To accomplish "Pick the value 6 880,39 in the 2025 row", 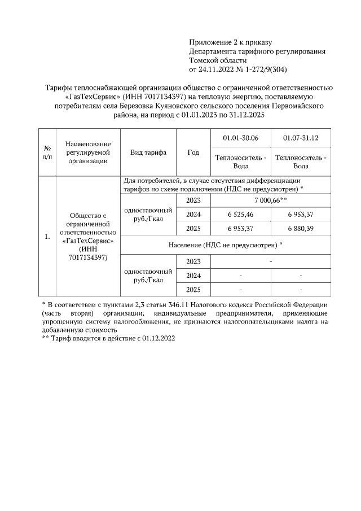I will pyautogui.click(x=301, y=229).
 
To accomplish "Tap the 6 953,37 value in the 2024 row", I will pyautogui.click(x=301, y=215).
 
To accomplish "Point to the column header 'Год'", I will pyautogui.click(x=193, y=152).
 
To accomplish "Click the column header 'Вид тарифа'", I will pyautogui.click(x=148, y=152).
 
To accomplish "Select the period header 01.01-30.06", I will pyautogui.click(x=241, y=138).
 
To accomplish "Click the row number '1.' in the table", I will pyautogui.click(x=47, y=237).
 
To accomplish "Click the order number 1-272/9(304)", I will pyautogui.click(x=263, y=69).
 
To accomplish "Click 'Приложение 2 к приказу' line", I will pyautogui.click(x=230, y=42).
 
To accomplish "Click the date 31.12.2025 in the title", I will pyautogui.click(x=244, y=115).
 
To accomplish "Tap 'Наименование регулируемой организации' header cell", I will pyautogui.click(x=88, y=152).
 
